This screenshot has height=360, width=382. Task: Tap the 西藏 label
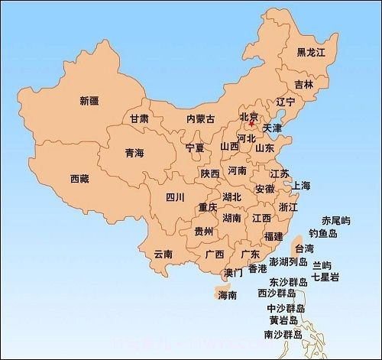click(x=79, y=179)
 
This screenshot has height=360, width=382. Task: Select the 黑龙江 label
click(x=311, y=52)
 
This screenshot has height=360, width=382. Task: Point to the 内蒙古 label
click(x=201, y=119)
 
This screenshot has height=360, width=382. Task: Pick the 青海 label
click(x=134, y=153)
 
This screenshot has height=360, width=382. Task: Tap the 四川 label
click(x=175, y=196)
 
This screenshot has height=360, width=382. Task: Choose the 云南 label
click(x=163, y=253)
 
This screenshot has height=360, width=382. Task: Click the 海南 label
click(x=227, y=295)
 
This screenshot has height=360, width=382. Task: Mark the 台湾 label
click(x=303, y=248)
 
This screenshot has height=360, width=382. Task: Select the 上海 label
click(x=301, y=186)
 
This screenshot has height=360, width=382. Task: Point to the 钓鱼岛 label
click(x=323, y=233)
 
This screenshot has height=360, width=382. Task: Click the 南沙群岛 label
click(x=283, y=335)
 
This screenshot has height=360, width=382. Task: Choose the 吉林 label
click(x=303, y=84)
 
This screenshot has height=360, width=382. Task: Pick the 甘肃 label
click(x=139, y=119)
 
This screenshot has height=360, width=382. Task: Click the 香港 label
click(x=257, y=269)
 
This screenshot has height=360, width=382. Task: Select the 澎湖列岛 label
click(x=289, y=264)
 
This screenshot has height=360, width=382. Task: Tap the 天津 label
click(x=272, y=127)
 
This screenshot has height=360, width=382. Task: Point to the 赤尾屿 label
click(x=336, y=220)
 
